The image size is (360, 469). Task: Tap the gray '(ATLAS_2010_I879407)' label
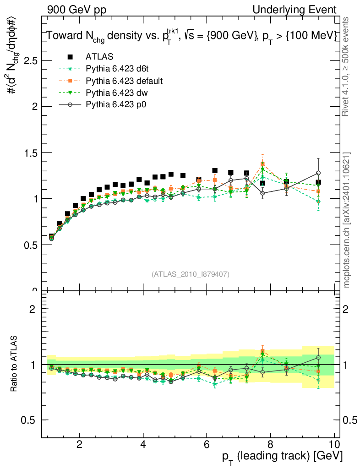(x=191, y=274)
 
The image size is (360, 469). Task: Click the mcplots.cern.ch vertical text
(x=347, y=220)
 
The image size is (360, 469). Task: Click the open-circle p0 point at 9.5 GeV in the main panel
(x=318, y=173)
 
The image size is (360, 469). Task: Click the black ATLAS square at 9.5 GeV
(x=318, y=182)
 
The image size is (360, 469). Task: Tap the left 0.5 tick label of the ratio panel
(x=30, y=420)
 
